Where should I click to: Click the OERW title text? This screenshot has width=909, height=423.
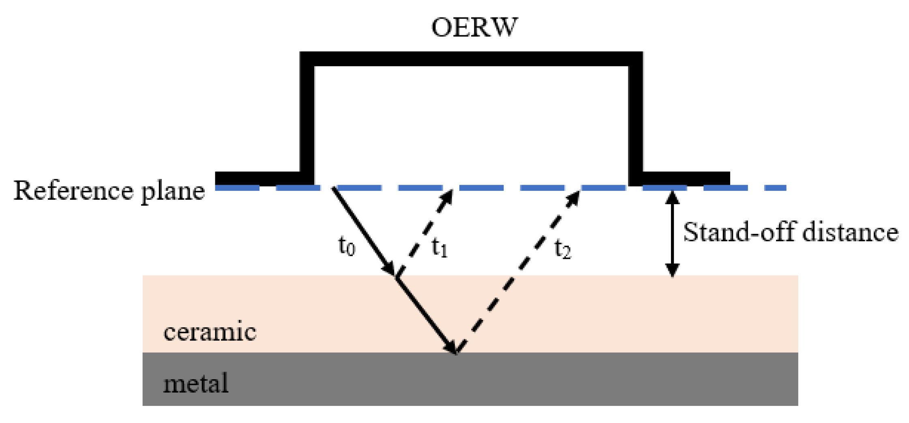pos(474,28)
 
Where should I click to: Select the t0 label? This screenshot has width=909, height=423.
pos(347,246)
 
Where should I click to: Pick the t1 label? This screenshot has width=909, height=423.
pos(439,247)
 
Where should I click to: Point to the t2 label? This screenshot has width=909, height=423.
pos(563,248)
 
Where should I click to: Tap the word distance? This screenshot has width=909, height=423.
pos(850,232)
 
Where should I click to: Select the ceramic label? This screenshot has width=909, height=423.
pos(210,332)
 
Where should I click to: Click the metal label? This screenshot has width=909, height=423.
pos(196,383)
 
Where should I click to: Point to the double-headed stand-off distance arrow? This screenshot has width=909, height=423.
pos(673,233)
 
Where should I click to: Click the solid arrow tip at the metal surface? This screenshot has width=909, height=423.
pos(452,348)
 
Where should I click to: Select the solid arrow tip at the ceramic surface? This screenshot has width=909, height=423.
pos(390,270)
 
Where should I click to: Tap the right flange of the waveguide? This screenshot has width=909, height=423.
pos(685,179)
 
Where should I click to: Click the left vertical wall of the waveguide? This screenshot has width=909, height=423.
pos(307,118)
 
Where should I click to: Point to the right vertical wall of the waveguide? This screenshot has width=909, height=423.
pos(635,118)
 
